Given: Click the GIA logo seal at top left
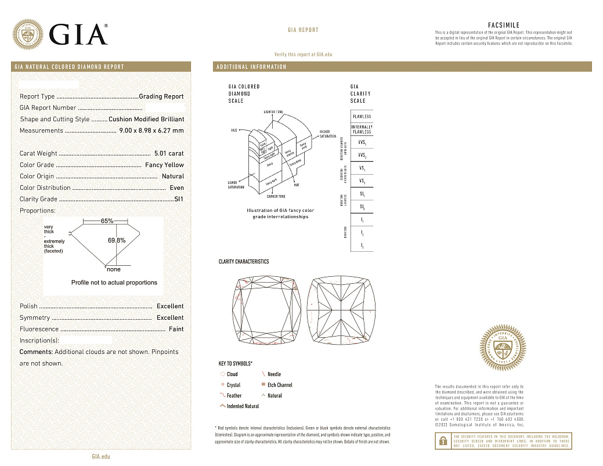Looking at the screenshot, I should click(x=28, y=35).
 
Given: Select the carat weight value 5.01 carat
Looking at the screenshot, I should click(x=168, y=154).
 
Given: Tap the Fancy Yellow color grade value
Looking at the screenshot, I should click(x=164, y=165).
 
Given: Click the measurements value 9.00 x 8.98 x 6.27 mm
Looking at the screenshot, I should click(x=151, y=131).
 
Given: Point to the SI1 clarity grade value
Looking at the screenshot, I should click(x=179, y=199).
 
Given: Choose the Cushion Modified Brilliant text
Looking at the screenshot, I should click(x=146, y=119).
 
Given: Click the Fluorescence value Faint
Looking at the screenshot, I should click(x=176, y=329).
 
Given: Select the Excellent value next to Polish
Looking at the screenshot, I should click(x=170, y=306).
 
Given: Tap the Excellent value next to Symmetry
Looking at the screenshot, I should click(x=170, y=317).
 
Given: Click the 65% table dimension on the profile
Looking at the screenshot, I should click(x=107, y=221).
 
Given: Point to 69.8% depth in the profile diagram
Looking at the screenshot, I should click(x=117, y=240).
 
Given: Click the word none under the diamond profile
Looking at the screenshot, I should click(x=114, y=269).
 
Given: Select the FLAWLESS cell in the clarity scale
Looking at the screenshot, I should click(x=362, y=116).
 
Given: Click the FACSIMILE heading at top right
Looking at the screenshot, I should click(x=504, y=25).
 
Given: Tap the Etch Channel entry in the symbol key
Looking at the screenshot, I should click(x=279, y=385).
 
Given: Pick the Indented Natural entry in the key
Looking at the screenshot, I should click(x=243, y=406).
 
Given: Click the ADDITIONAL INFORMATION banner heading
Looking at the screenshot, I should click(x=251, y=67).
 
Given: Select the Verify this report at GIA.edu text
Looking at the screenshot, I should click(x=303, y=54).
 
